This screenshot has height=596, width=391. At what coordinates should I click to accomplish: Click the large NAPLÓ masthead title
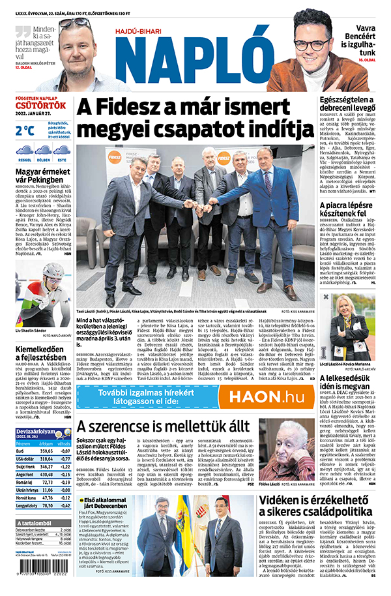195,56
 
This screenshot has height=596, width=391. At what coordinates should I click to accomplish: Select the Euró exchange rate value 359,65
46,450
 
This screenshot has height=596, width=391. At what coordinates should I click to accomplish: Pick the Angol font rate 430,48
46,474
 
